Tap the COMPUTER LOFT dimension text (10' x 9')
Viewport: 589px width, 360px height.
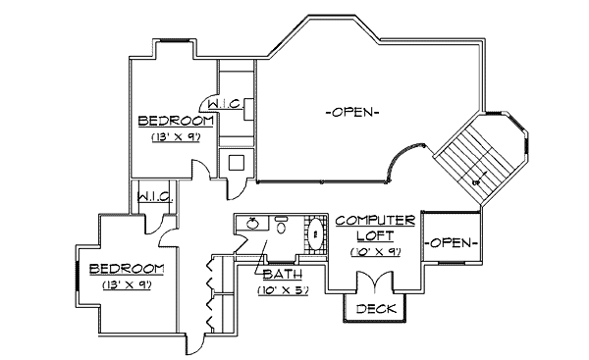pos(368,251)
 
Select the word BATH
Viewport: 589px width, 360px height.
pos(282,274)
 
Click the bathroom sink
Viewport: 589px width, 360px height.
pos(251,225)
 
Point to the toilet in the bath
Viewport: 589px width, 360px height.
pos(282,229)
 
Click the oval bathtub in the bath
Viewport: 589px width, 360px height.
pos(315,235)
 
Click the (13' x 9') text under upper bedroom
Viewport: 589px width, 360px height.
pos(176,138)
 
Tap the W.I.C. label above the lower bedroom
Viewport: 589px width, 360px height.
pos(155,196)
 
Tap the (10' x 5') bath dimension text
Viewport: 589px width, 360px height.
pos(283,290)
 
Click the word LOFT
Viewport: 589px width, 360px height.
pos(367,236)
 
